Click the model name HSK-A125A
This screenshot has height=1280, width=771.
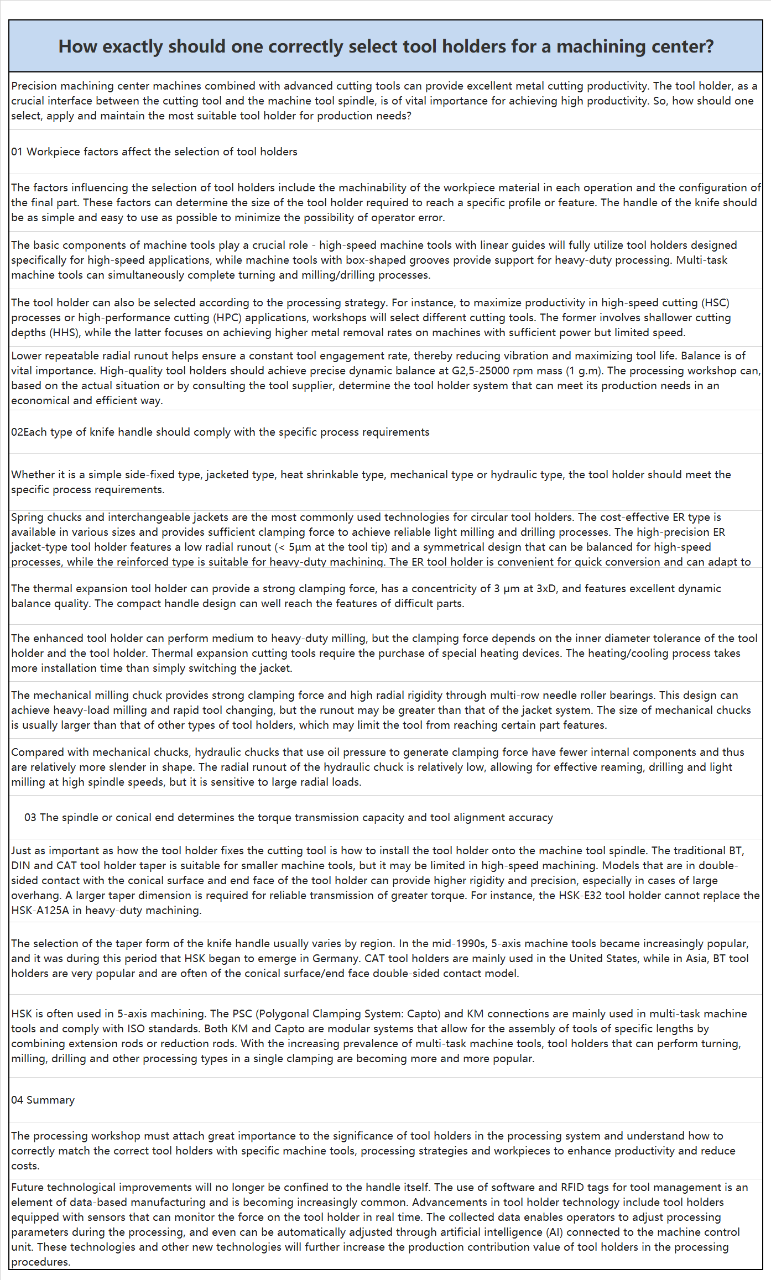[x=40, y=910]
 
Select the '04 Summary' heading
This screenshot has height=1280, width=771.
[x=43, y=1100]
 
